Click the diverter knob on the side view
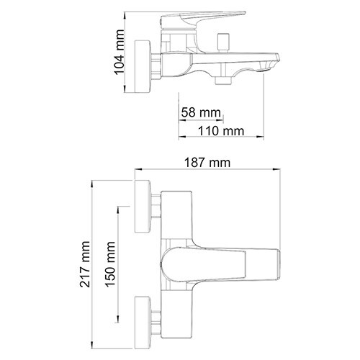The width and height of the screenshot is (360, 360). coord(223,42)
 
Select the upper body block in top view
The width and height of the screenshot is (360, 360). coord(177,212)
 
